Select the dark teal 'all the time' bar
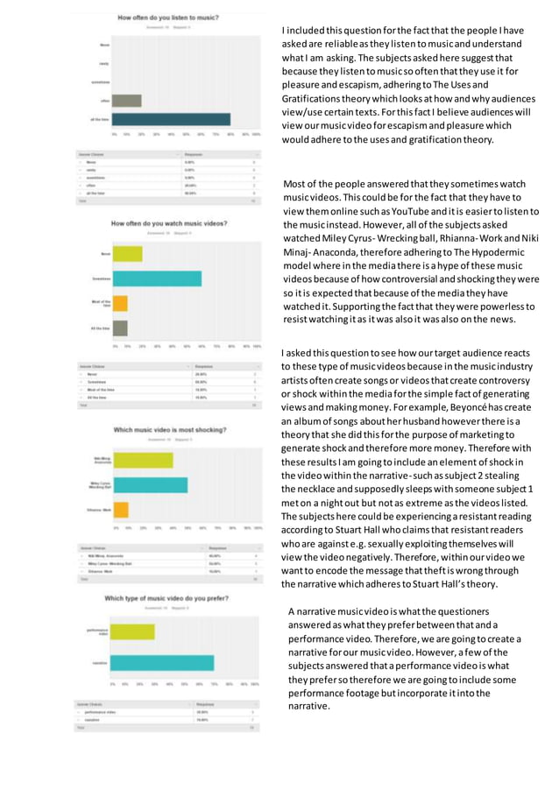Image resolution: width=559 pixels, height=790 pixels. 172,120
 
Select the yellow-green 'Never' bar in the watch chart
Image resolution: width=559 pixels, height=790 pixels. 128,254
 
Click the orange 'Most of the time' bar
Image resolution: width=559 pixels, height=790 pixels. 121,304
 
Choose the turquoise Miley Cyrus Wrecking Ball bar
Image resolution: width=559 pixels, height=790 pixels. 151,484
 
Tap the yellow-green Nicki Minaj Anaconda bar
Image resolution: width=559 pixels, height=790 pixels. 143,460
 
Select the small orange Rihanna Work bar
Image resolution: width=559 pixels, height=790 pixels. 121,509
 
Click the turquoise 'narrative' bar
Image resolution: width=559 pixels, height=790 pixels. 164,663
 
